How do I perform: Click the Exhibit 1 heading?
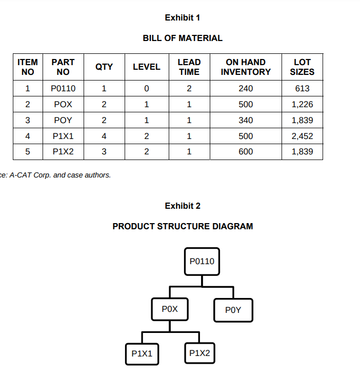pos(183,17)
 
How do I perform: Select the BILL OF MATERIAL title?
pos(183,38)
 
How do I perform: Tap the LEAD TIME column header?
pos(189,67)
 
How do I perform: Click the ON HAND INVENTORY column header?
pos(246,67)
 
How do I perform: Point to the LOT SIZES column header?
pos(302,67)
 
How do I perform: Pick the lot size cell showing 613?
pos(302,88)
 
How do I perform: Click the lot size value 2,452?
pos(302,136)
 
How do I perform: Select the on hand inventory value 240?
pos(246,88)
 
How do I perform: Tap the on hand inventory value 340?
pos(246,120)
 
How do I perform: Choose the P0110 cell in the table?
pos(63,88)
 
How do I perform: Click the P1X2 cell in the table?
pos(63,151)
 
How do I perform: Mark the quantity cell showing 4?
pos(104,136)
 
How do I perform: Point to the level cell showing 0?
pos(147,88)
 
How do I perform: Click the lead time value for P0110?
pos(189,88)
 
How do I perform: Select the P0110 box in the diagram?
pos(202,262)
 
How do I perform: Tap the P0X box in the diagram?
pos(170,309)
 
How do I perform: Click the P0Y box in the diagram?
pos(233,310)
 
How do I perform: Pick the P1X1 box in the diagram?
pos(142,354)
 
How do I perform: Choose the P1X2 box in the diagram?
pos(199,353)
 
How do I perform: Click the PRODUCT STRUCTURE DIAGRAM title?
pos(183,226)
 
